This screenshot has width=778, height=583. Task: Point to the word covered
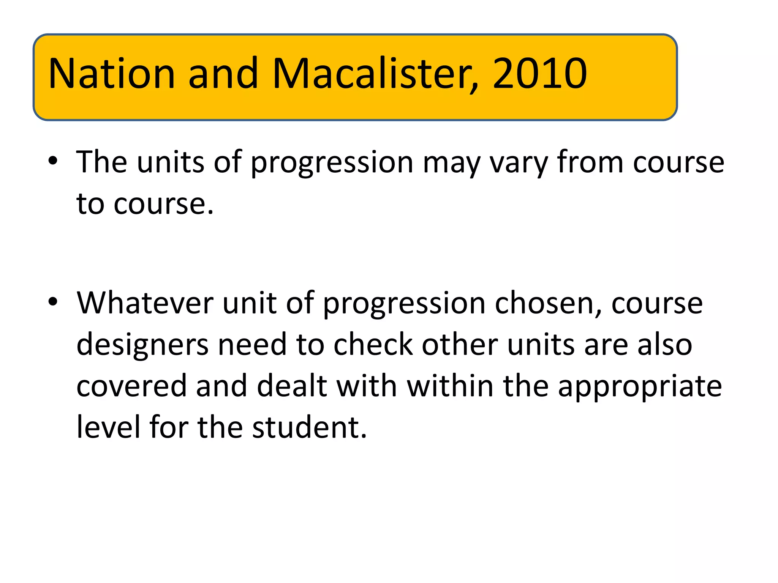point(131,386)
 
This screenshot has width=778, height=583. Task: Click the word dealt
point(292,386)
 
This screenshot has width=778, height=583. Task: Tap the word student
point(309,427)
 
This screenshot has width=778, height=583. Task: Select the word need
point(252,344)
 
